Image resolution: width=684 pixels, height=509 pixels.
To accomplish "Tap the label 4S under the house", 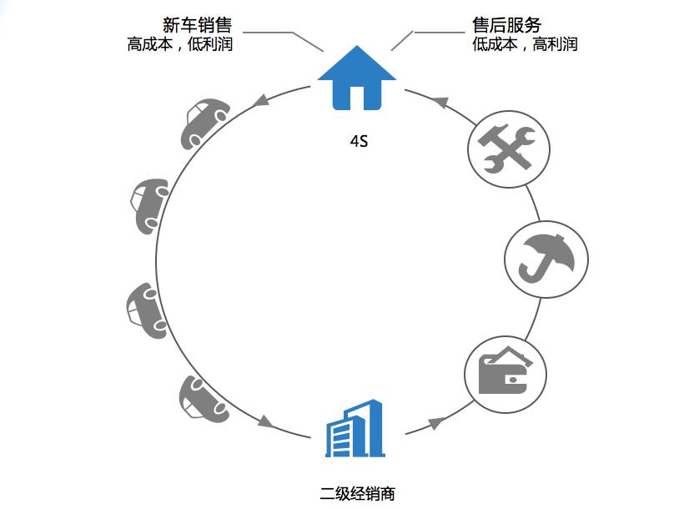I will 359,142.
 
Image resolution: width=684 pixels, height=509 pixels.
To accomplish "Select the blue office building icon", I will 354,429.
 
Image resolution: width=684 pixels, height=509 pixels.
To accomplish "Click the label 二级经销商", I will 357,493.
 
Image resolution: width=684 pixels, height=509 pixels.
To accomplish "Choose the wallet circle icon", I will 505,372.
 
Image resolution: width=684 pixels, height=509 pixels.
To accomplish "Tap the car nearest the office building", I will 203,401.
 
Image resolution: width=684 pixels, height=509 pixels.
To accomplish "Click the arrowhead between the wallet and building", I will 434,423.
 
